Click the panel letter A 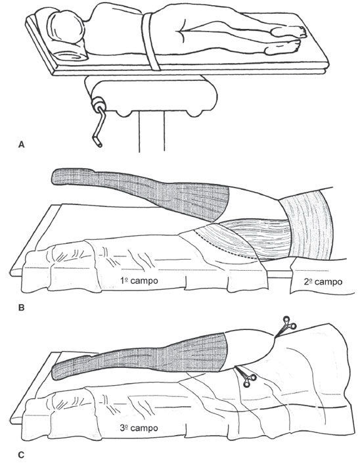pos(21,145)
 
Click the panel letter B pos(21,308)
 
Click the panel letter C pos(21,455)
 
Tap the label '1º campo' pos(139,281)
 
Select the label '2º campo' pos(323,282)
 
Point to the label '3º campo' pos(139,428)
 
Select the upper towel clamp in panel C pos(286,326)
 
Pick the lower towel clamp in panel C pos(246,377)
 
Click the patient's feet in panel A pos(286,40)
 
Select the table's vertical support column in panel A pos(152,132)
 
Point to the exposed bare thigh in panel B pos(254,204)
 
